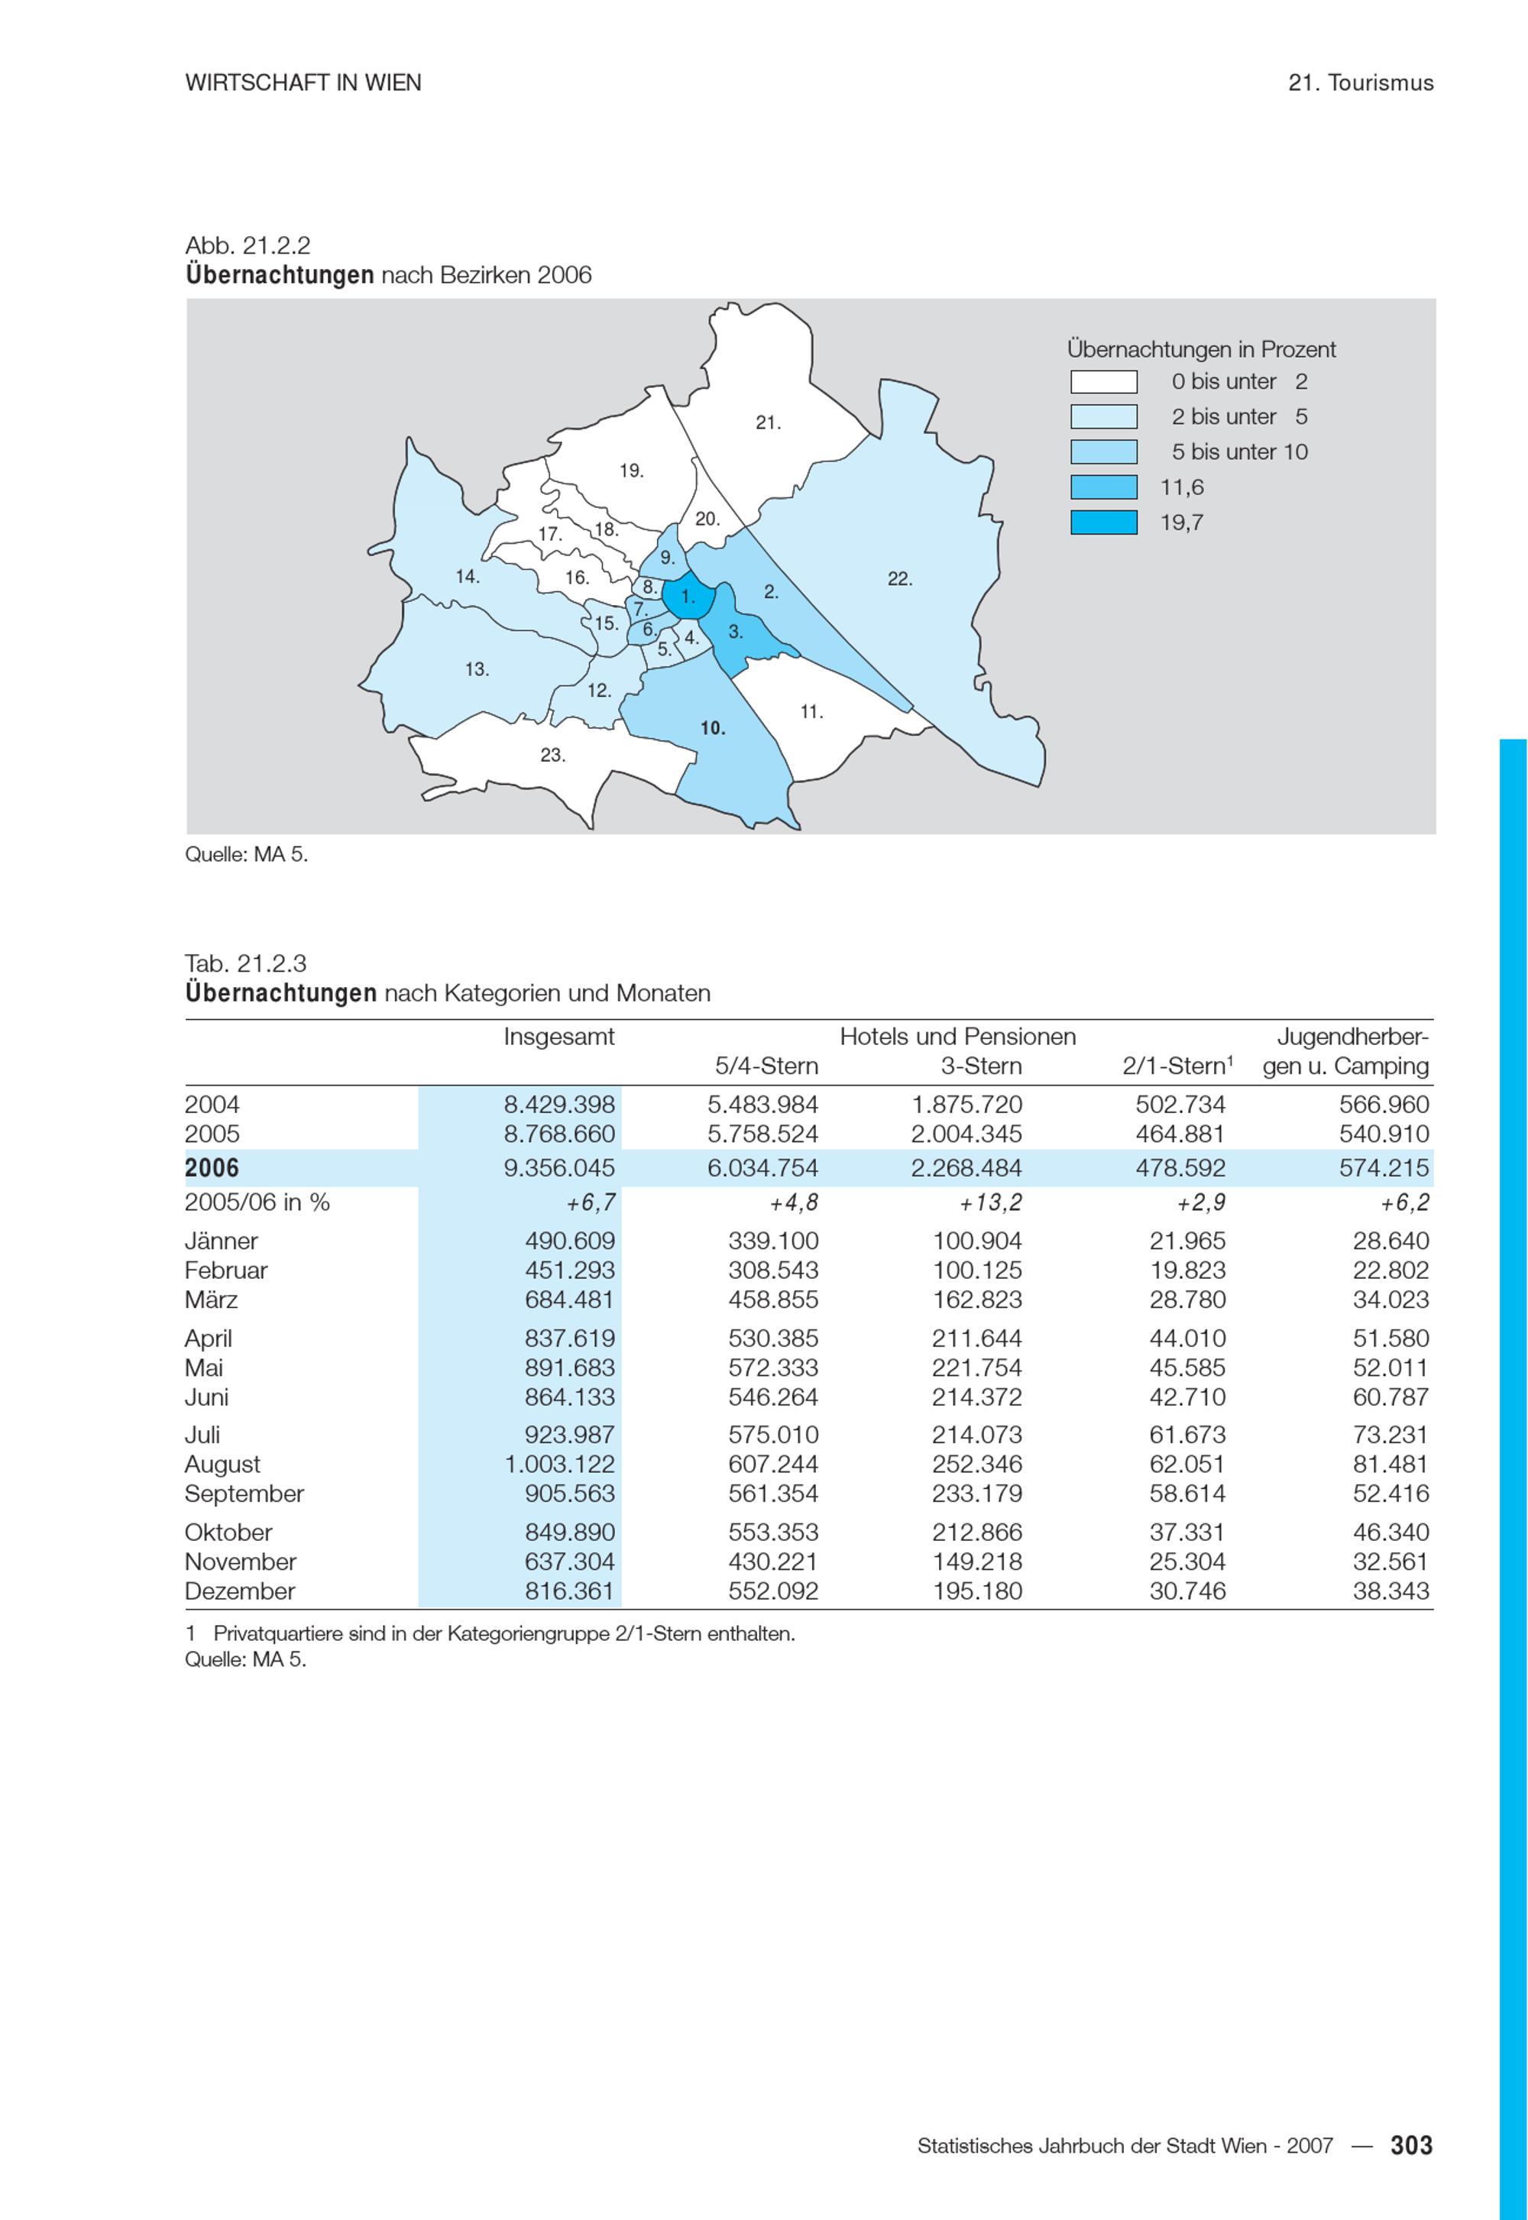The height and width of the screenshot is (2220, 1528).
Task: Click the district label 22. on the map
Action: coord(899,579)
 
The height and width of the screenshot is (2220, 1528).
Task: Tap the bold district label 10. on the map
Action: coord(712,729)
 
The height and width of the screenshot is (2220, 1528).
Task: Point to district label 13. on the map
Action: coord(477,670)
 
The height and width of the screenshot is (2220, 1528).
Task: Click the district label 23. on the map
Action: coord(552,756)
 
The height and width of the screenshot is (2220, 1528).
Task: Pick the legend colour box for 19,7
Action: coord(1103,523)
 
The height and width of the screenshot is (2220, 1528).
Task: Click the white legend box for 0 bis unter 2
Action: coord(1103,382)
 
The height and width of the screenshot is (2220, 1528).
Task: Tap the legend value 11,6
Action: coord(1181,487)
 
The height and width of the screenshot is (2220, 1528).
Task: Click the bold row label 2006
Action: coord(212,1168)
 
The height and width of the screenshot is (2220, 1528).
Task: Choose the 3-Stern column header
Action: coord(980,1066)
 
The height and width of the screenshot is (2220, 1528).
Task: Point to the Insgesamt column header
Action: coord(559,1037)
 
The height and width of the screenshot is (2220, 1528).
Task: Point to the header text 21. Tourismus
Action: coord(1361,83)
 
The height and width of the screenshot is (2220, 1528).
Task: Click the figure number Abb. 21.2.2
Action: coord(248,246)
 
